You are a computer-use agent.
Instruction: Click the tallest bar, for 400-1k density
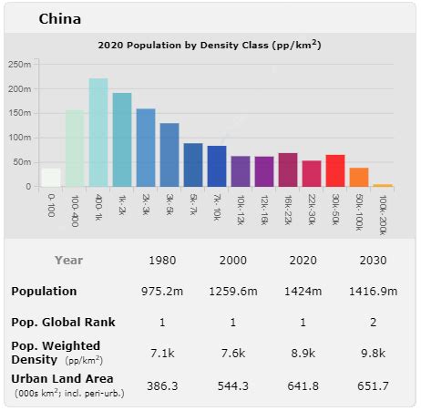click(x=98, y=133)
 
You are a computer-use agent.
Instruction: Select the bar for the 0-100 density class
click(x=51, y=178)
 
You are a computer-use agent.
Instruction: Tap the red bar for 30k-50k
click(x=335, y=170)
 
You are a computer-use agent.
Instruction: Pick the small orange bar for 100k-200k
click(x=383, y=185)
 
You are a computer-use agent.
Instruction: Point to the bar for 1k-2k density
click(x=122, y=140)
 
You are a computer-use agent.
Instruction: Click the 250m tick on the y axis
click(x=21, y=64)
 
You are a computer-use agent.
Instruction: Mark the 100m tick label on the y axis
click(x=21, y=138)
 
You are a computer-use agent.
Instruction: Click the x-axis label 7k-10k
click(x=217, y=208)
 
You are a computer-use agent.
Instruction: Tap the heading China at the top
click(x=59, y=19)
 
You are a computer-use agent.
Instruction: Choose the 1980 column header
click(x=161, y=260)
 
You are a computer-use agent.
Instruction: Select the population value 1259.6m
click(x=233, y=292)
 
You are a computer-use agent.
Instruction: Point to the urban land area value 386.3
click(x=161, y=385)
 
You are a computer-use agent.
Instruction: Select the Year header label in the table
click(x=68, y=260)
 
